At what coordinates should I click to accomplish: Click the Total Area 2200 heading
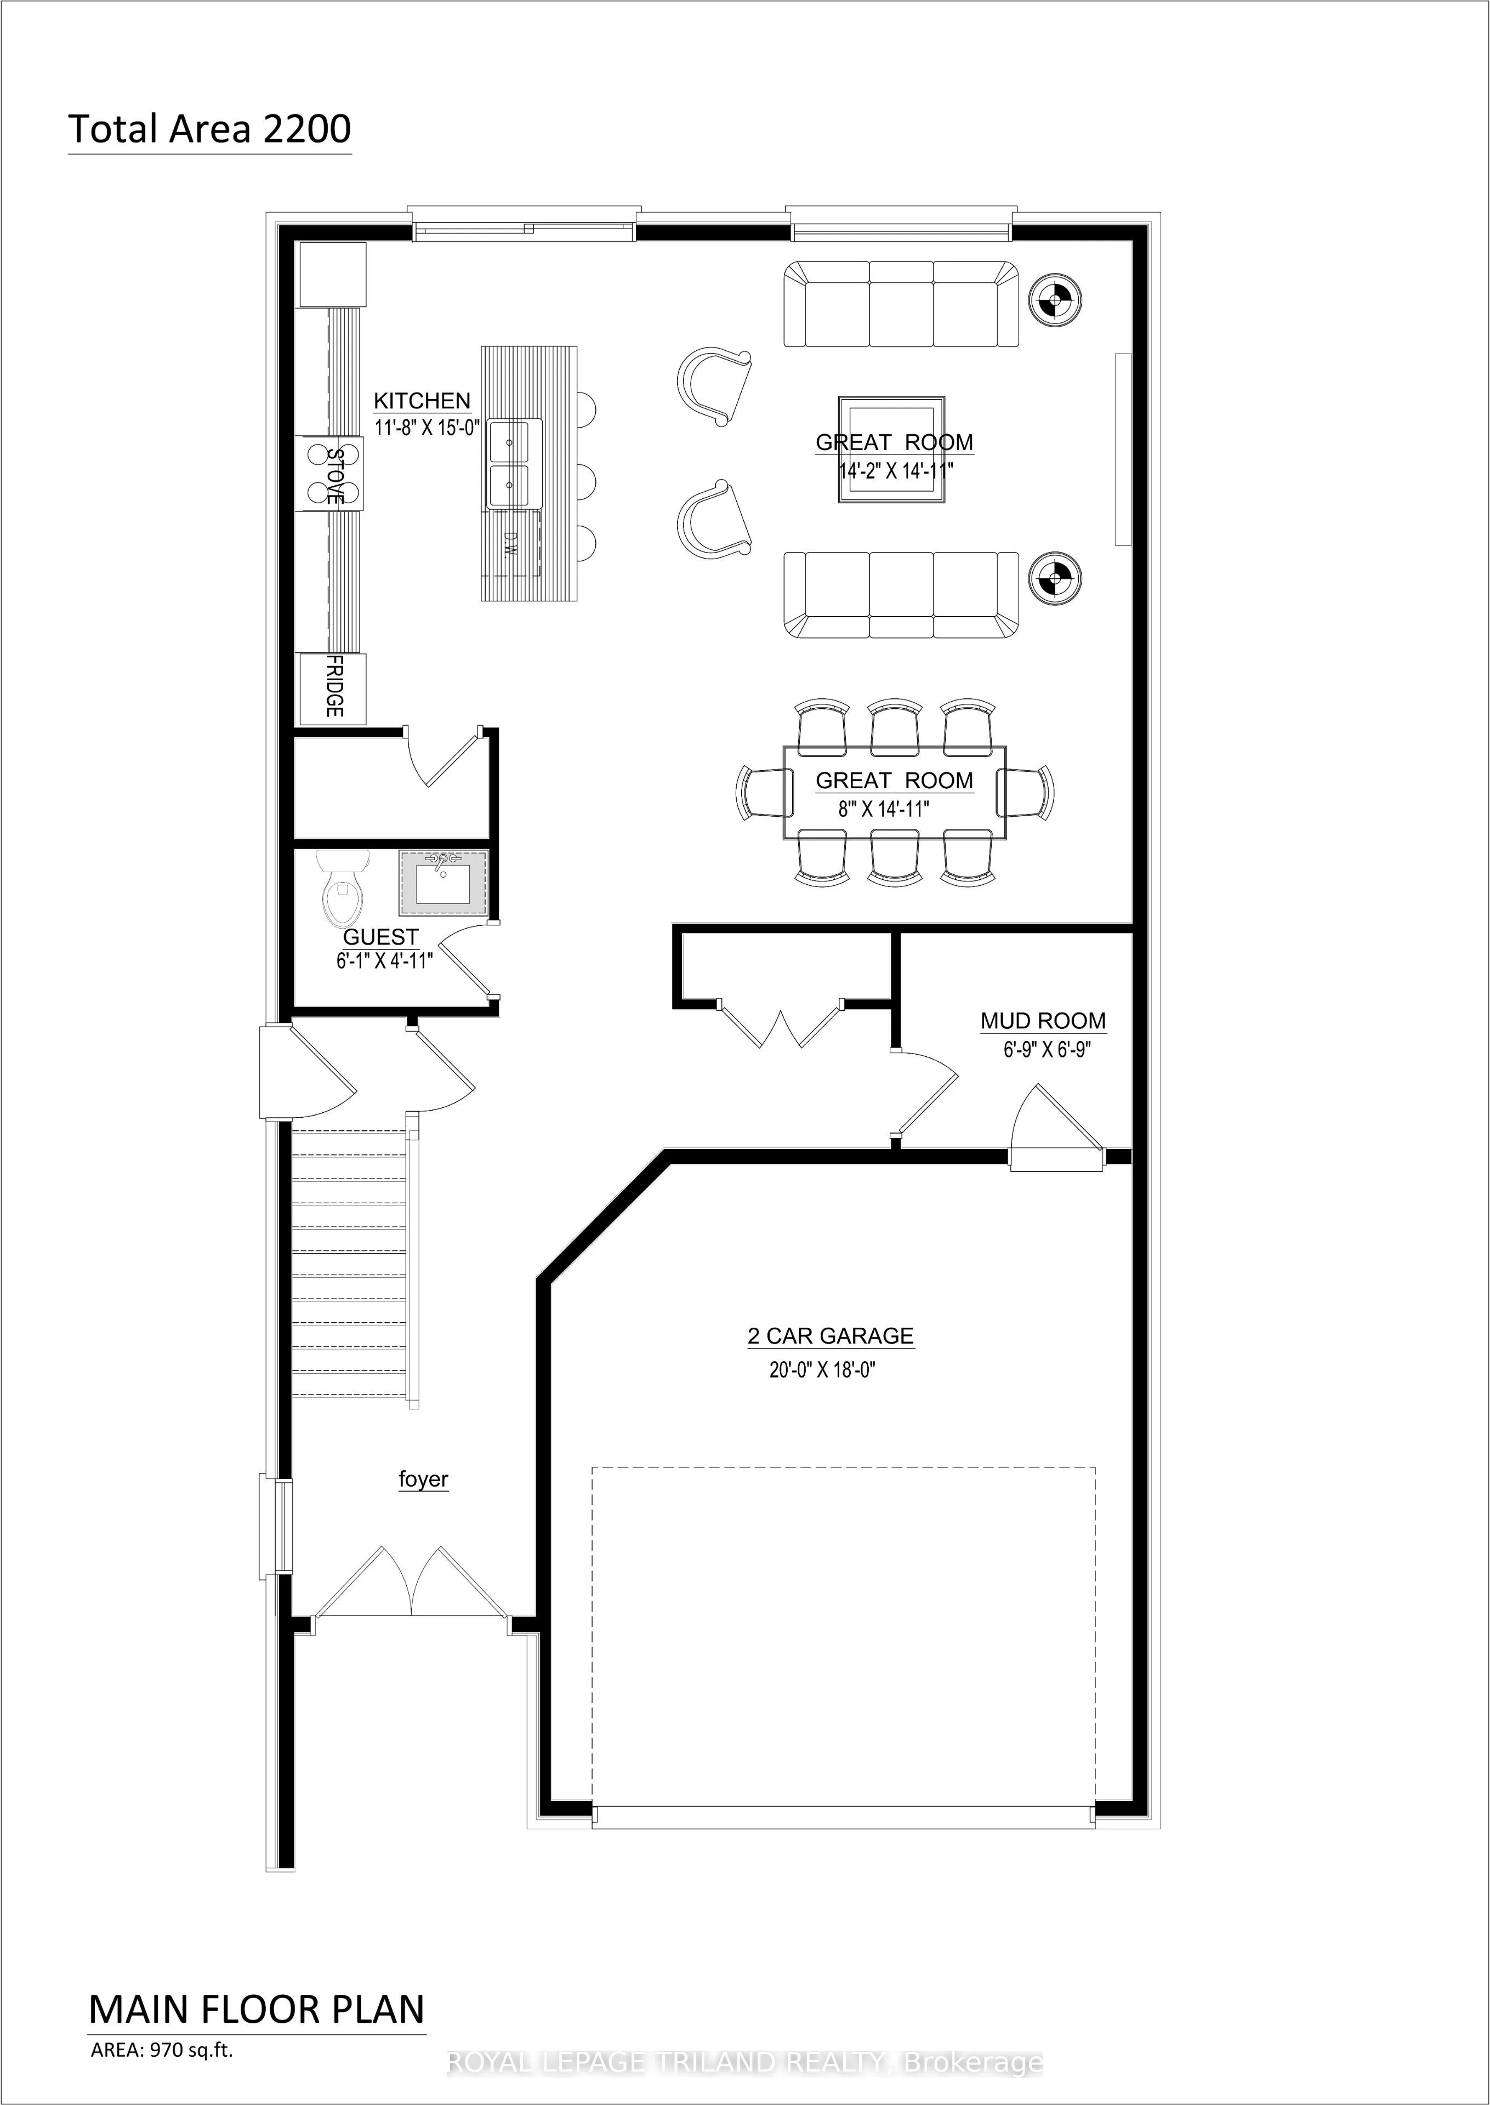click(209, 129)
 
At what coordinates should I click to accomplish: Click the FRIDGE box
click(333, 688)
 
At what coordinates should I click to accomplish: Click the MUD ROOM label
click(1043, 1021)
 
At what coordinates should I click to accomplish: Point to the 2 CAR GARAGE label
click(831, 1336)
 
